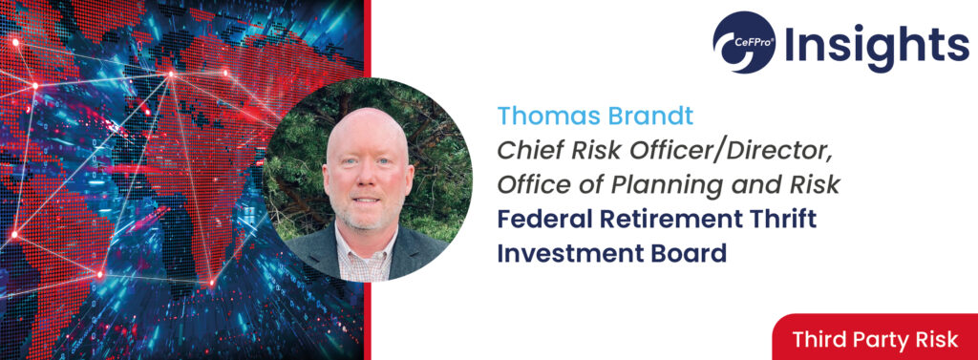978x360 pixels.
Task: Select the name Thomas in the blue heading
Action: click(x=542, y=116)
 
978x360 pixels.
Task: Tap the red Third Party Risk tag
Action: click(x=875, y=337)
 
